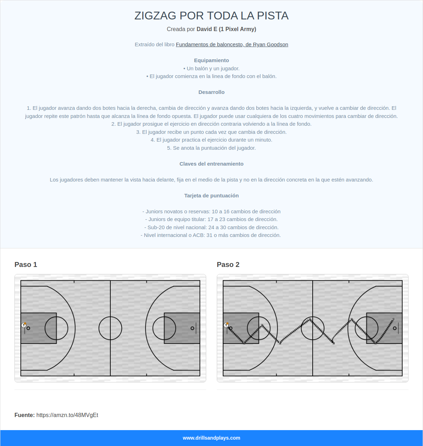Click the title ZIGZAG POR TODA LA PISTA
coord(211,16)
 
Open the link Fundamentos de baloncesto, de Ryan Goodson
coord(232,44)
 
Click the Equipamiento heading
coord(211,60)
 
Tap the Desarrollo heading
coord(211,92)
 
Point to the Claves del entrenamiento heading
coord(211,164)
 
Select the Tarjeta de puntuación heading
coord(211,196)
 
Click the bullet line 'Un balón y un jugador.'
coord(211,69)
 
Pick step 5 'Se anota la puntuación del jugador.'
coord(211,148)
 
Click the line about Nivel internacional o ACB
coord(211,235)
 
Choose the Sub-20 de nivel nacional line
coord(211,227)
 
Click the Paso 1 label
coord(26,264)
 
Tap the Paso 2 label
coord(228,264)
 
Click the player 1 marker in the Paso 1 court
coord(24,325)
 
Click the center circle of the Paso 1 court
coord(110,328)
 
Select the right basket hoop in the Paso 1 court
coord(192,328)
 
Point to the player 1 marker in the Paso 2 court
coord(226,325)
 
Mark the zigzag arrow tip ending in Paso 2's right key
coord(394,319)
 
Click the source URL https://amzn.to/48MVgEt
coord(67,415)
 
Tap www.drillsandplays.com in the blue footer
coord(211,438)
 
